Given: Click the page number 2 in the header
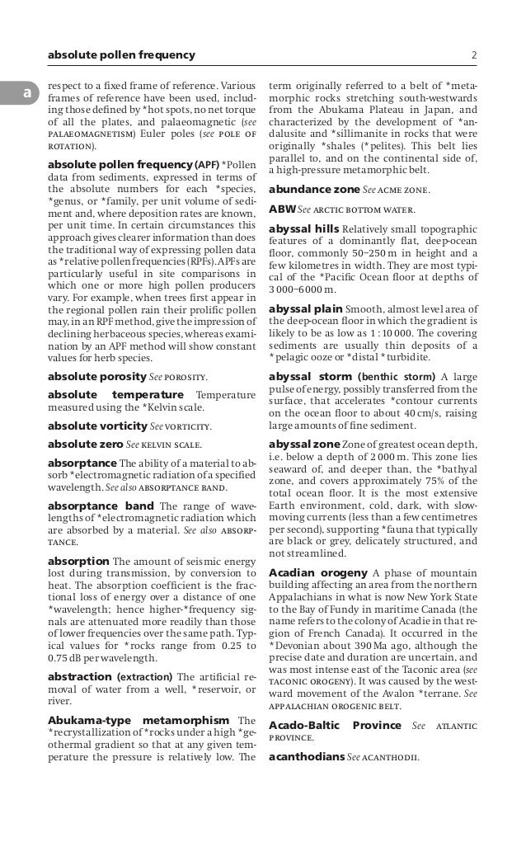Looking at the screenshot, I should (474, 55).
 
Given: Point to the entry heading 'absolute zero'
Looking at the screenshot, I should (86, 444).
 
